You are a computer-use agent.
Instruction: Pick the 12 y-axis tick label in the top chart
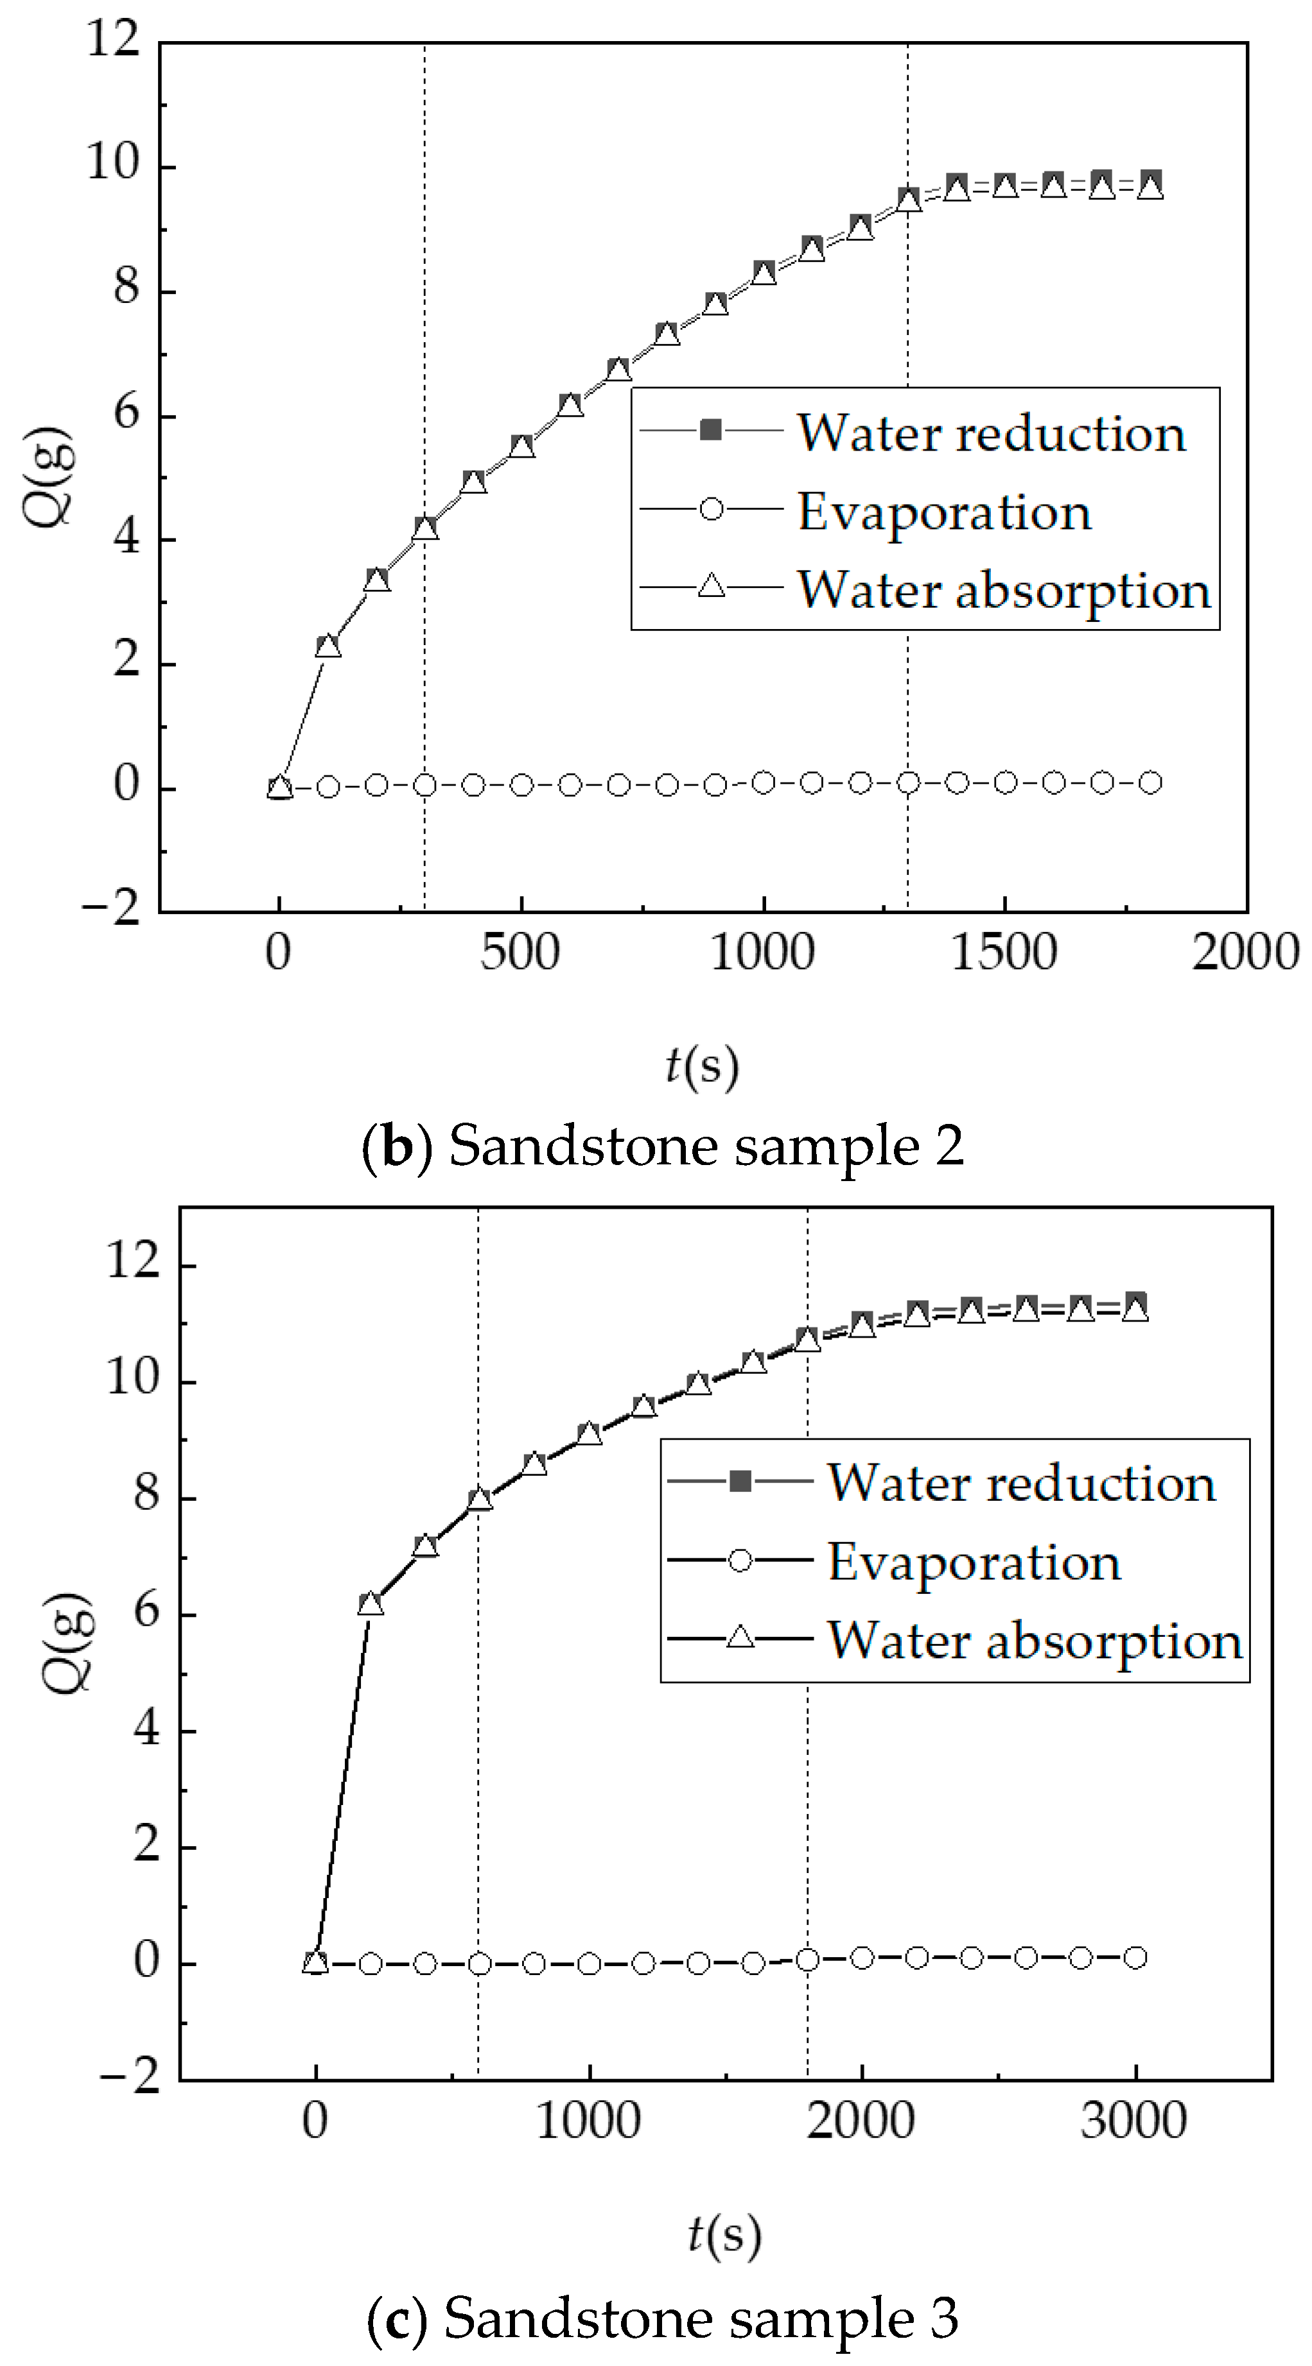click(x=112, y=40)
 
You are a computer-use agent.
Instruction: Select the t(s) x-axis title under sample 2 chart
click(x=702, y=1066)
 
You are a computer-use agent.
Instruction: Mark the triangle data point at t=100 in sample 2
click(x=328, y=646)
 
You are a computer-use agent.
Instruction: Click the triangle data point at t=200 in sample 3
click(x=371, y=1605)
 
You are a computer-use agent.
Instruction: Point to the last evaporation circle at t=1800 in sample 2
click(x=1150, y=782)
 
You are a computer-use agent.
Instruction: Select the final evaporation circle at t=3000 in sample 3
click(x=1135, y=1957)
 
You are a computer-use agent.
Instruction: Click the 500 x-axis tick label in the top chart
click(x=520, y=953)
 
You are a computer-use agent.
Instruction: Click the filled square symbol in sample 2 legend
click(x=711, y=430)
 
